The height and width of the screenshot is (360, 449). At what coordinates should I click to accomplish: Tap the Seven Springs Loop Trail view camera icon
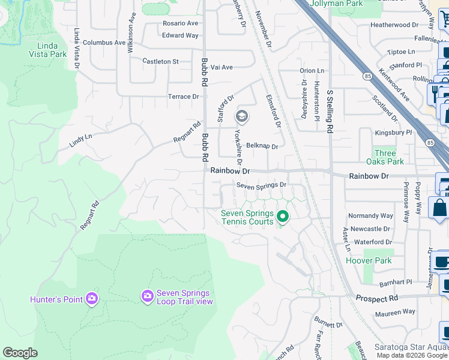tap(147, 296)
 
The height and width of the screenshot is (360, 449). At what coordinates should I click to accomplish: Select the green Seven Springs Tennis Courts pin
tap(283, 217)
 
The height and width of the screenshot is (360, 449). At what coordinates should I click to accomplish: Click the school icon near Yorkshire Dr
tap(242, 116)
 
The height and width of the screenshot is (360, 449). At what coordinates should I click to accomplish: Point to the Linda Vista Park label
tap(52, 50)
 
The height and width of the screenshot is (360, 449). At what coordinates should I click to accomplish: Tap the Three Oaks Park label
tap(388, 157)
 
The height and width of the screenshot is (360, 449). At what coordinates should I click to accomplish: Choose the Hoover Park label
tap(369, 260)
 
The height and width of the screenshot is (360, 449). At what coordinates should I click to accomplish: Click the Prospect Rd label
tap(376, 298)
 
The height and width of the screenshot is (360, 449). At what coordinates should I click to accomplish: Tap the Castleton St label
tap(160, 62)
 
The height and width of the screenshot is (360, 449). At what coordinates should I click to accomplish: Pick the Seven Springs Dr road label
tap(261, 185)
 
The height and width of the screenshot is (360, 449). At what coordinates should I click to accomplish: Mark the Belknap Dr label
tap(262, 146)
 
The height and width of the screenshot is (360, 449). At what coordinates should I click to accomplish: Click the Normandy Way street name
tap(371, 215)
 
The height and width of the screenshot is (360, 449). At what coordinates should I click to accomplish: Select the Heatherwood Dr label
tap(394, 25)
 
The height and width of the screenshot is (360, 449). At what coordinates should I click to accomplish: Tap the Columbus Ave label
tap(104, 43)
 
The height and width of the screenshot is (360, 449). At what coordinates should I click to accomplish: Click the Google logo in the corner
tap(20, 352)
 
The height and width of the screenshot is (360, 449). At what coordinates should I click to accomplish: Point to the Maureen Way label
tap(395, 311)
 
